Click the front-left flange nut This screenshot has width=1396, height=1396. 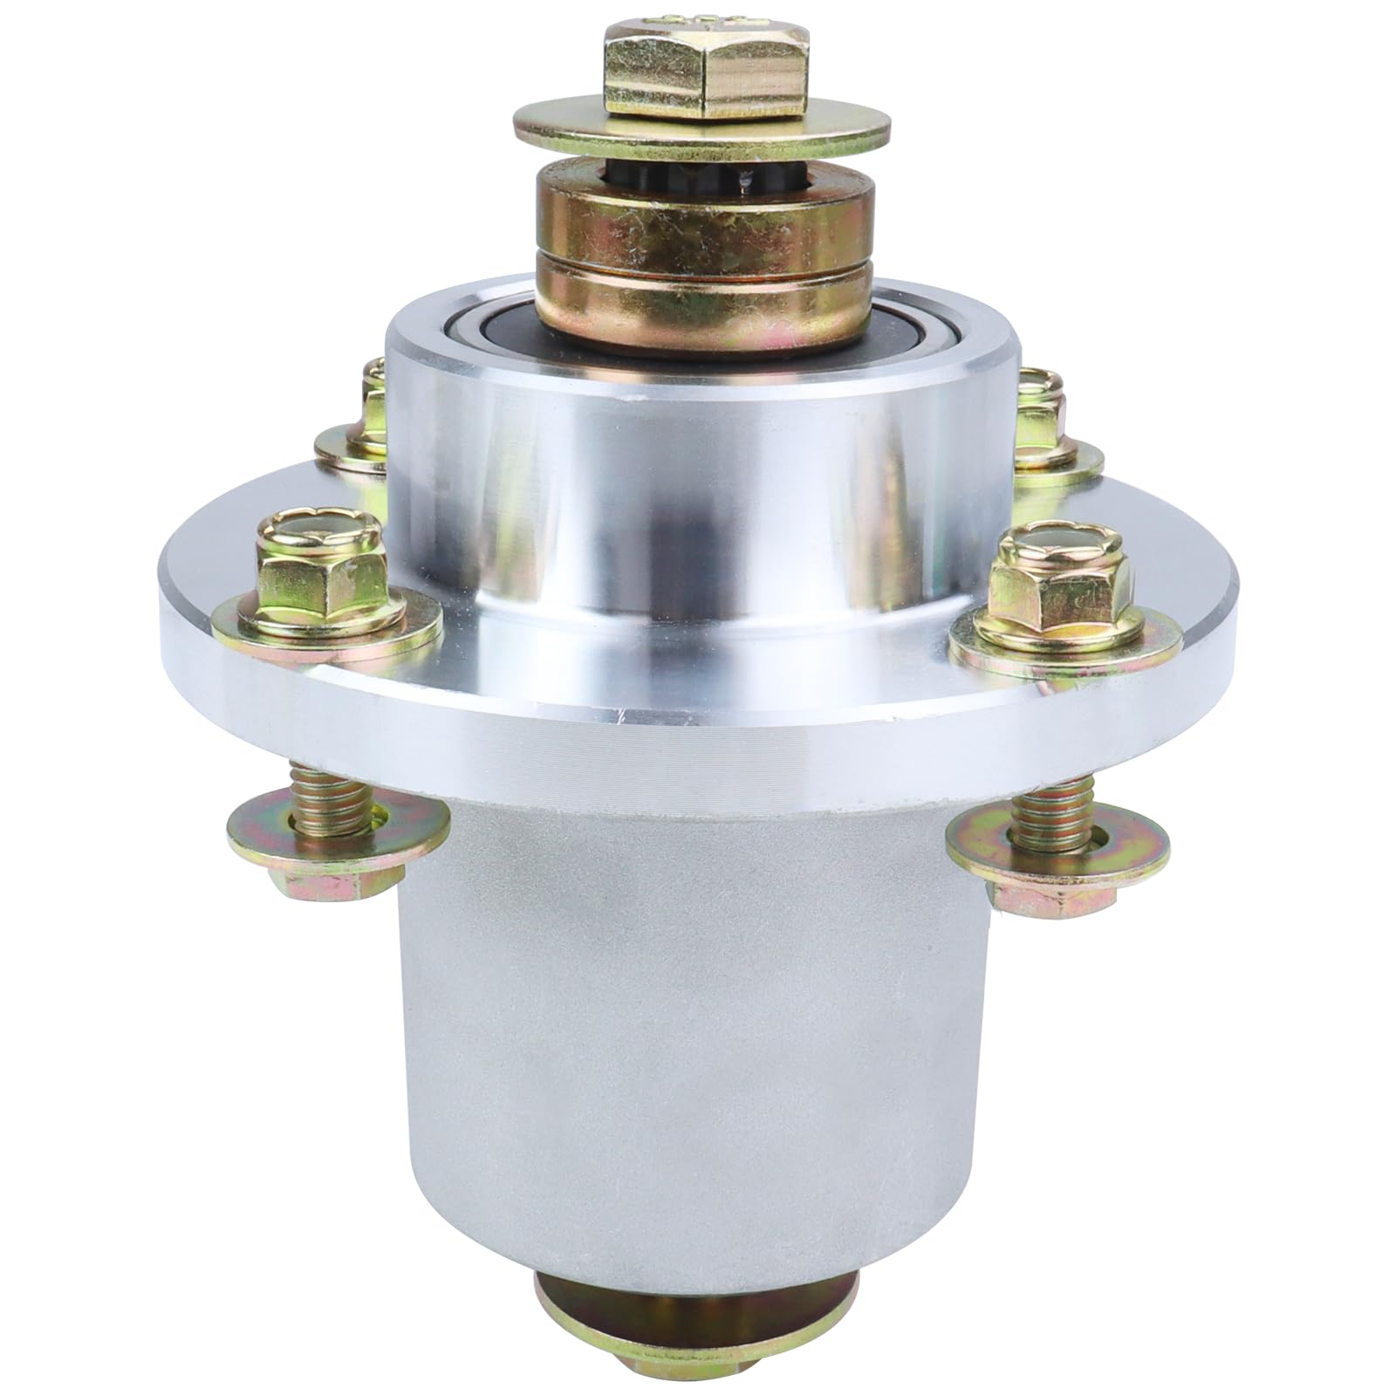click(318, 576)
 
